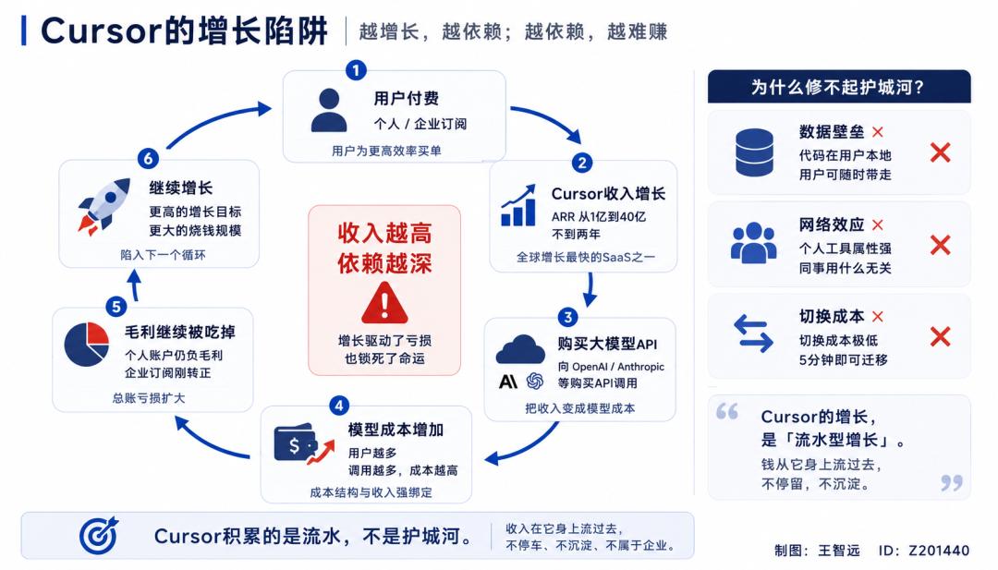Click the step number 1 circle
[356, 70]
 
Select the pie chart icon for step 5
[87, 345]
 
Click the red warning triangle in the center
[384, 303]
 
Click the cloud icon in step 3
[520, 349]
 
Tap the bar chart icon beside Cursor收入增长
[518, 205]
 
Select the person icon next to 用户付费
[329, 110]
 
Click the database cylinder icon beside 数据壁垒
[754, 152]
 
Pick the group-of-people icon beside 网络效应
[754, 242]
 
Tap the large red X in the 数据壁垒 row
[940, 152]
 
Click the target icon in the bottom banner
[99, 536]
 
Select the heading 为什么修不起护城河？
[838, 87]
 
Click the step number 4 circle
[339, 406]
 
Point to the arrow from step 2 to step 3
[590, 289]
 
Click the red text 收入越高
[384, 234]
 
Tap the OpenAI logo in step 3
[535, 381]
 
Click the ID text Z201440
[939, 551]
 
